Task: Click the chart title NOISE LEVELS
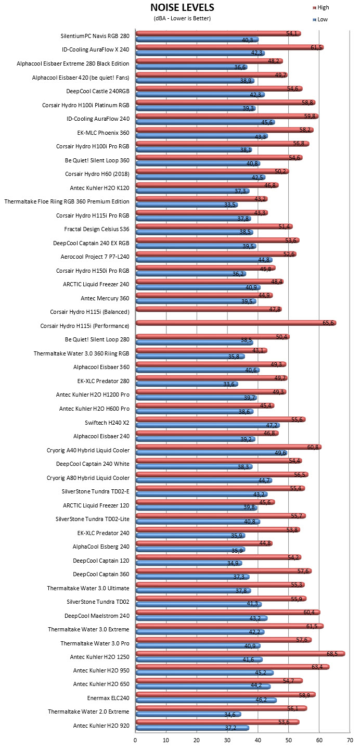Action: coord(182,7)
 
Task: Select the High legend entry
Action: coord(321,7)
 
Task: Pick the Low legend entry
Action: coord(320,19)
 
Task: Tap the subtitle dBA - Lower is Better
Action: coord(182,18)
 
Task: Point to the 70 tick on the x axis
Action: coord(350,740)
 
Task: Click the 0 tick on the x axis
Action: coord(135,740)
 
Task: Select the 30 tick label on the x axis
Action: coord(227,740)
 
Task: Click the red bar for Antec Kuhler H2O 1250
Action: coord(240,654)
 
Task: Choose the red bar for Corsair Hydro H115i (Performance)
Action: coord(236,323)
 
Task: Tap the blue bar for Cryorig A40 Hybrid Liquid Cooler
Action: coord(212,453)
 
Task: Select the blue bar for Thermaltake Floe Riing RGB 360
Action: coord(187,205)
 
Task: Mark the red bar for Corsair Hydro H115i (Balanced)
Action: coord(209,309)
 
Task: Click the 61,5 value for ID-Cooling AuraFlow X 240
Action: coord(316,47)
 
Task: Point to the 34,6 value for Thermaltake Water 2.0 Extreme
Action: coord(229,715)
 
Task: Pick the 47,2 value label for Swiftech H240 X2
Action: coord(272,425)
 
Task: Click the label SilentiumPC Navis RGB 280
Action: coord(95,36)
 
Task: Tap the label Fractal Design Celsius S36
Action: coord(97,229)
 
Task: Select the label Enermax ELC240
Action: coord(108,698)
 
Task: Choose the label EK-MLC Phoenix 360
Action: coord(104,133)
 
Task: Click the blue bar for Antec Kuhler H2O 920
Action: coord(192,728)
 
